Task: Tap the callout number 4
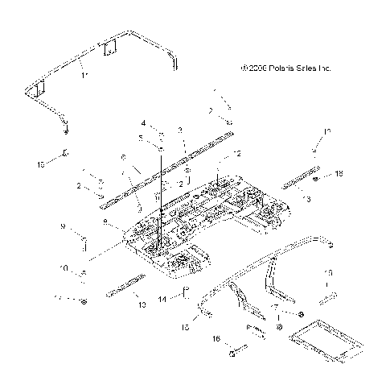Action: coord(144,123)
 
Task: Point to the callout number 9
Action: coord(62,227)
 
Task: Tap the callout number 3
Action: coord(181,129)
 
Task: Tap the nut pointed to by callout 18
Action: coord(317,177)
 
